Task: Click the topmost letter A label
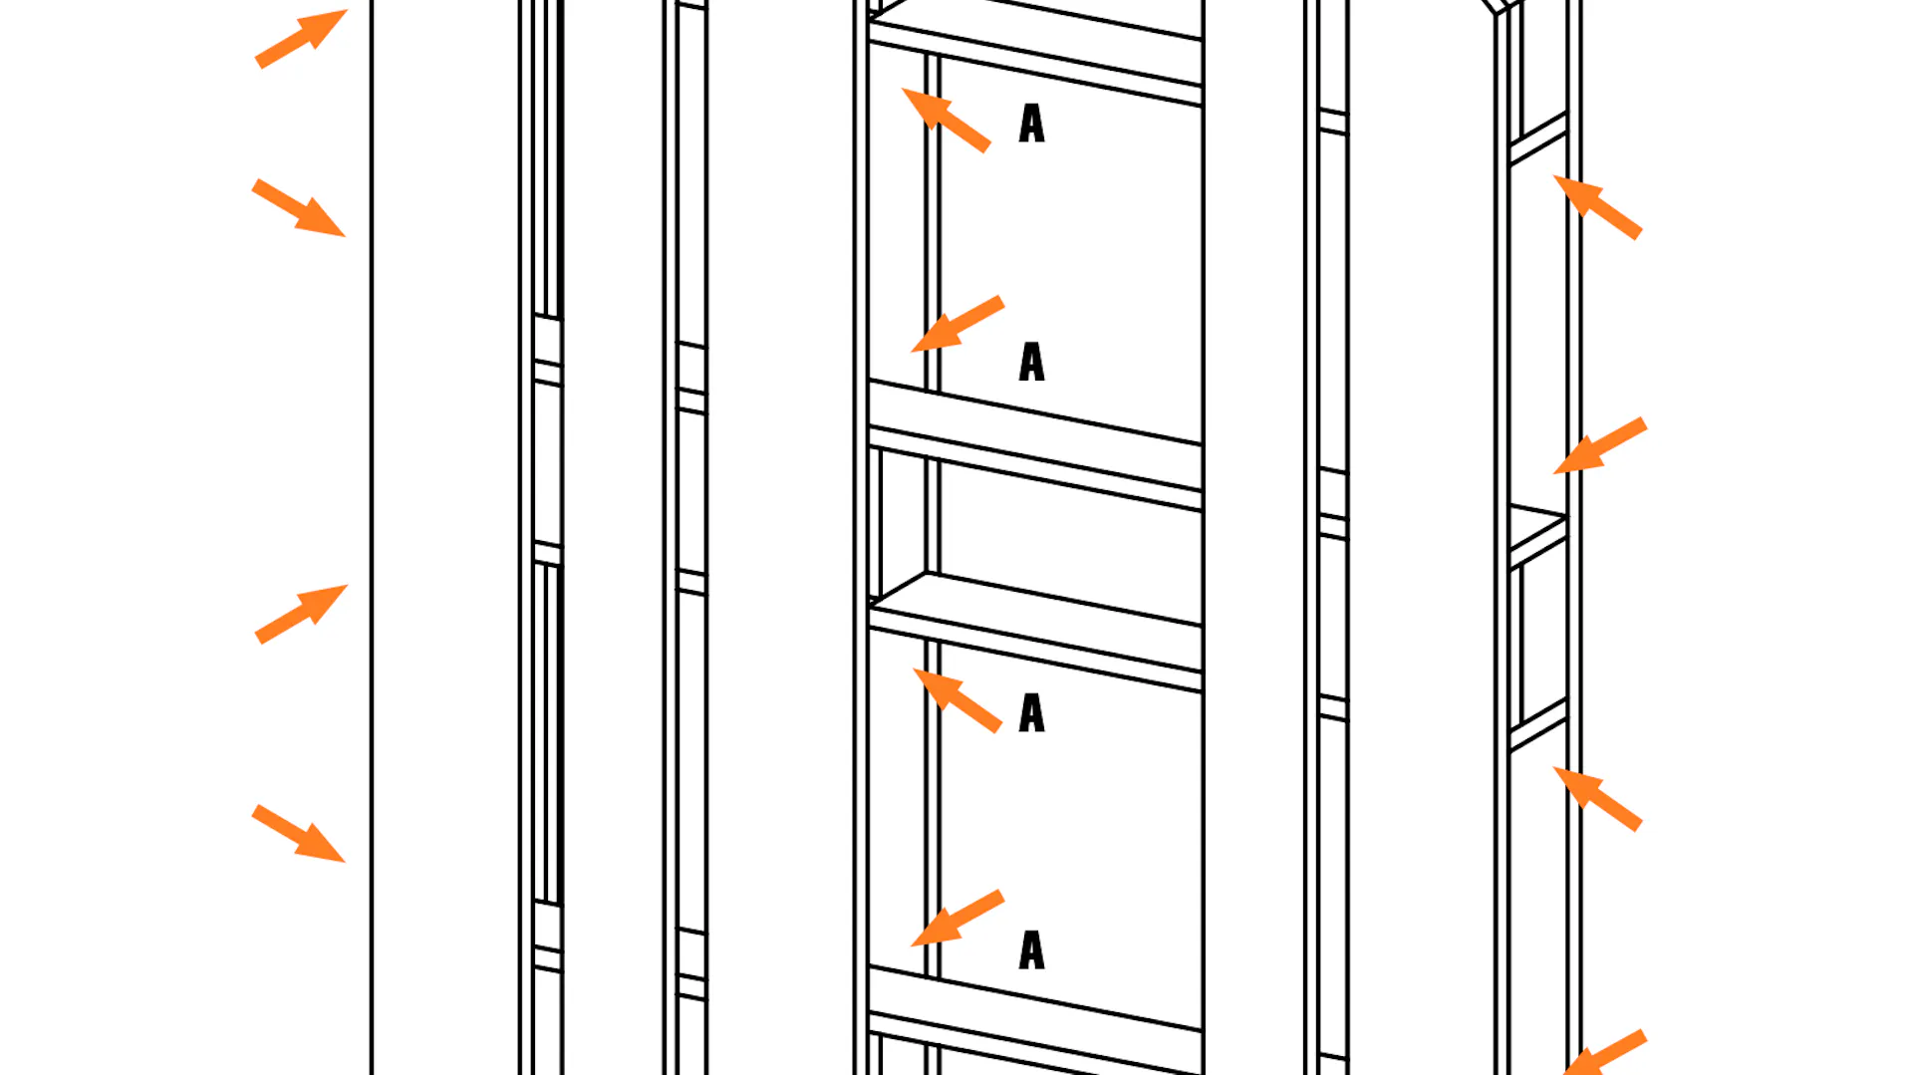point(1032,124)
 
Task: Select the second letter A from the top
point(1032,362)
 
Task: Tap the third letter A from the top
point(1032,713)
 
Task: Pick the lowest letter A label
point(1032,950)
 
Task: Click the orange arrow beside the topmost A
point(946,120)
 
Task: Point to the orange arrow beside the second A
point(956,324)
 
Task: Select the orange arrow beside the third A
point(957,700)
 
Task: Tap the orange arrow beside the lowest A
point(956,918)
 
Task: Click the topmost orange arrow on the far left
point(301,39)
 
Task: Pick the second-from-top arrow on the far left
point(299,208)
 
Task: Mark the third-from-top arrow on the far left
point(301,614)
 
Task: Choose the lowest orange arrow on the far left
point(299,834)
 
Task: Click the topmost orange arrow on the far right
point(1597,207)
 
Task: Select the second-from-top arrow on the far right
point(1600,445)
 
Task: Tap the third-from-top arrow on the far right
point(1597,798)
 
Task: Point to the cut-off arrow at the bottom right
point(1604,1053)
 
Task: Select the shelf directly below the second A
point(1035,444)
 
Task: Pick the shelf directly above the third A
point(1035,631)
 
